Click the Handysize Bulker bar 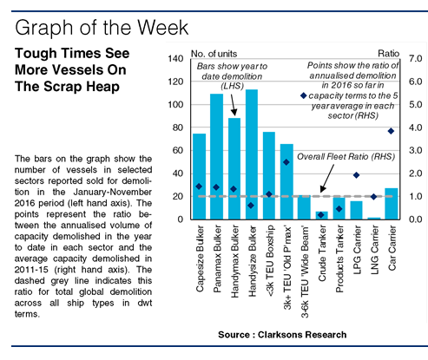click(252, 154)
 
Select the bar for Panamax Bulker click(216, 156)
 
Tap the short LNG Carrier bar click(374, 219)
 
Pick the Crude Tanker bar click(321, 215)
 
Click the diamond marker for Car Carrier click(391, 131)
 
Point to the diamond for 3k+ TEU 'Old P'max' click(286, 162)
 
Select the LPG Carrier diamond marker click(356, 175)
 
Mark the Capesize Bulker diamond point click(199, 187)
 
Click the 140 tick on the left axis click(175, 59)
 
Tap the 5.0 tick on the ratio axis click(415, 104)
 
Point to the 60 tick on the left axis click(178, 150)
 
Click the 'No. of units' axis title click(214, 54)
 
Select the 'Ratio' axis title click(388, 54)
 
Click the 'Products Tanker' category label click(339, 259)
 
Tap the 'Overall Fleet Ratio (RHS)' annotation click(346, 157)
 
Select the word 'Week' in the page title click(162, 28)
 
